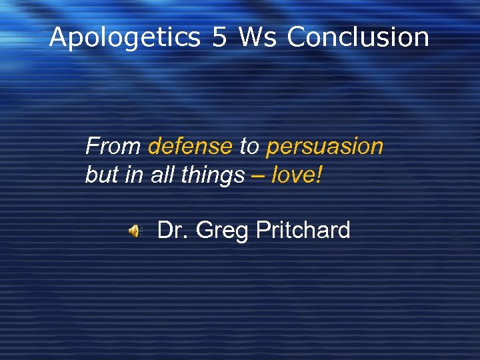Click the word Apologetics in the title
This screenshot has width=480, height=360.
tap(125, 38)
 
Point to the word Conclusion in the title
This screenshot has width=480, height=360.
tap(358, 37)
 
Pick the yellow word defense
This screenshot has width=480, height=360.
tap(190, 146)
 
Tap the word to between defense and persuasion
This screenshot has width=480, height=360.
tap(249, 146)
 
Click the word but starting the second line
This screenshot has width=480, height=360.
tap(99, 175)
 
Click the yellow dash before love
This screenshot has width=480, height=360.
tap(258, 176)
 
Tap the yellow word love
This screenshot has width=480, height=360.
tap(293, 175)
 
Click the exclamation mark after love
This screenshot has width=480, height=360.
tap(319, 175)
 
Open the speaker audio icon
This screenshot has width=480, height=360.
tap(135, 231)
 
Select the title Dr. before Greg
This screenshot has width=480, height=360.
tap(173, 231)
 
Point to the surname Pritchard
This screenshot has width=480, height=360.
tap(303, 231)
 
